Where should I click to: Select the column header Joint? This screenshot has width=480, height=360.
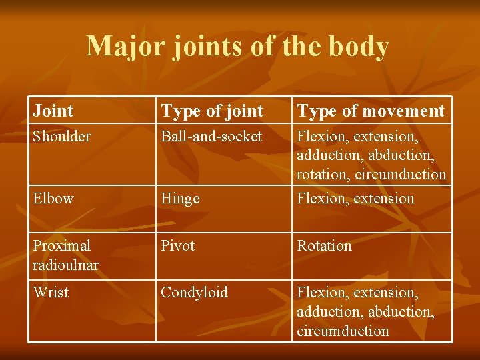pyautogui.click(x=53, y=111)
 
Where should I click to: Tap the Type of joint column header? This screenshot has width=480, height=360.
pyautogui.click(x=213, y=111)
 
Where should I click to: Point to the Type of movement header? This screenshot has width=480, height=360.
pyautogui.click(x=371, y=111)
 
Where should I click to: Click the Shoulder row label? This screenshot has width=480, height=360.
pyautogui.click(x=62, y=136)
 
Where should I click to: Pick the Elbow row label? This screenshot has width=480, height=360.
pyautogui.click(x=53, y=198)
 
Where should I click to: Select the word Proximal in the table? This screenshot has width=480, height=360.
pyautogui.click(x=61, y=245)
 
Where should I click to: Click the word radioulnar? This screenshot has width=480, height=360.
pyautogui.click(x=65, y=265)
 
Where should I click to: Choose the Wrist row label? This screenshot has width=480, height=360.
pyautogui.click(x=51, y=292)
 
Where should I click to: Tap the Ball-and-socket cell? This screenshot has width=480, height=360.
pyautogui.click(x=211, y=136)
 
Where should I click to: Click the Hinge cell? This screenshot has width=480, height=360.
pyautogui.click(x=180, y=199)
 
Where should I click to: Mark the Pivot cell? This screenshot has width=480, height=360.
pyautogui.click(x=177, y=245)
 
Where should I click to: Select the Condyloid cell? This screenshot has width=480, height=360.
pyautogui.click(x=194, y=293)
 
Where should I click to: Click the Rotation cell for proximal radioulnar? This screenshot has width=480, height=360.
pyautogui.click(x=324, y=245)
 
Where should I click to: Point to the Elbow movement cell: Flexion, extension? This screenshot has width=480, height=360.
pyautogui.click(x=355, y=198)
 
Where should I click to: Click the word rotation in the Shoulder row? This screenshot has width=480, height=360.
pyautogui.click(x=323, y=175)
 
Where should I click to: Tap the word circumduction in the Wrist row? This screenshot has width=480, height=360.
pyautogui.click(x=343, y=331)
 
